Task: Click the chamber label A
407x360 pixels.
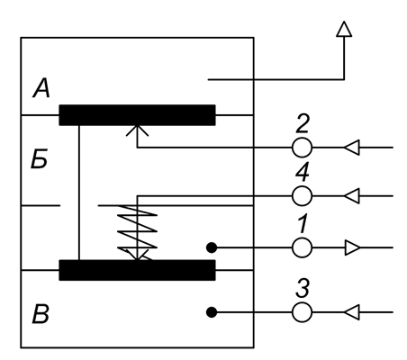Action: point(41,88)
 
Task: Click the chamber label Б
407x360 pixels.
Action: point(40,158)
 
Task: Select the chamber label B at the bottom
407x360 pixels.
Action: point(41,314)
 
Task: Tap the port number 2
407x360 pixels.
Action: point(302,123)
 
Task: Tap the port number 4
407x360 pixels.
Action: point(303,172)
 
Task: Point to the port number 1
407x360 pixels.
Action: point(303,223)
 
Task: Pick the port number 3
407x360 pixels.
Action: point(303,288)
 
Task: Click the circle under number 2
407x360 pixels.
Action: point(302,148)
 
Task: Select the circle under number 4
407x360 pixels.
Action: point(302,196)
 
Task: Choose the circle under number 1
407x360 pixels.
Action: point(302,247)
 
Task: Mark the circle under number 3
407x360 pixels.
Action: point(302,312)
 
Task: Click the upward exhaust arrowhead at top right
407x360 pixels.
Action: point(344,29)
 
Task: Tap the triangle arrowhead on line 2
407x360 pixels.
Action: point(352,148)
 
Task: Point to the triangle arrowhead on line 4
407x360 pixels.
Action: point(352,196)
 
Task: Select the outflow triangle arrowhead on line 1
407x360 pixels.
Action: point(352,247)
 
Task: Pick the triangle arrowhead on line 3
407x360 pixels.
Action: point(352,312)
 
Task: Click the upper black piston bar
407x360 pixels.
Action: point(137,115)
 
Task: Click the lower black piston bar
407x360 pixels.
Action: point(137,270)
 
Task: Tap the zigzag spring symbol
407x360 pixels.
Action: point(137,231)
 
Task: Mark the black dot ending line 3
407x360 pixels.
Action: point(212,312)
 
